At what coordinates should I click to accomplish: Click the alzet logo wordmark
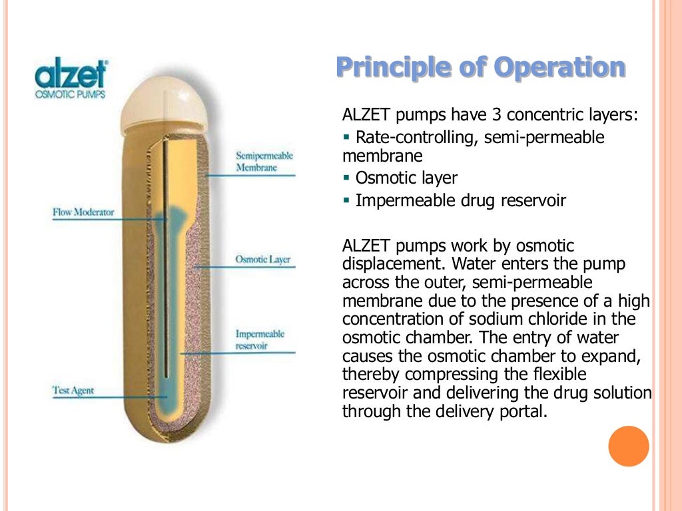(x=71, y=75)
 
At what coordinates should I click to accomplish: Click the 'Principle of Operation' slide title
(x=480, y=68)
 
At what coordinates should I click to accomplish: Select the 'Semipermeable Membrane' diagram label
(x=264, y=162)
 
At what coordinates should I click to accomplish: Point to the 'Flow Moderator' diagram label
(x=83, y=213)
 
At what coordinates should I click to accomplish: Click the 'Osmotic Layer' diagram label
(x=263, y=259)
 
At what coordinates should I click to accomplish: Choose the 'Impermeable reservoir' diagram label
(x=260, y=339)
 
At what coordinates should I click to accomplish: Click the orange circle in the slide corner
(x=628, y=446)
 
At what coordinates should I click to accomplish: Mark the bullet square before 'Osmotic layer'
(x=346, y=178)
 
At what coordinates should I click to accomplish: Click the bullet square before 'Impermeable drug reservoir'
(x=346, y=200)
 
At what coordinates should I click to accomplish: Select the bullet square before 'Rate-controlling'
(x=346, y=138)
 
